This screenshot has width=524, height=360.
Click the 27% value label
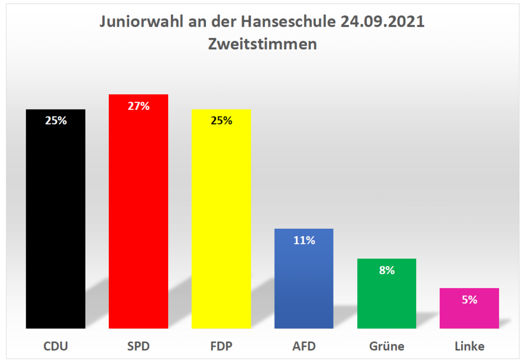click(138, 106)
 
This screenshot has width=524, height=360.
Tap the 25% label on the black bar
click(56, 121)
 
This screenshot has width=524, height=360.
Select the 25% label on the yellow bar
click(221, 121)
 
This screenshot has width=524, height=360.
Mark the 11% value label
click(304, 240)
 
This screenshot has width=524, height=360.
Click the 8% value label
click(387, 270)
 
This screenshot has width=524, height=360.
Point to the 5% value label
click(469, 300)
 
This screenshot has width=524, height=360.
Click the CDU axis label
click(55, 346)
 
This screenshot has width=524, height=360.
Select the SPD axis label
click(138, 346)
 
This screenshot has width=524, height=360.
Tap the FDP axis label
click(221, 346)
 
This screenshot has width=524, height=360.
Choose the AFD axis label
click(304, 346)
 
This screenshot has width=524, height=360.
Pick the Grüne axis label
click(386, 346)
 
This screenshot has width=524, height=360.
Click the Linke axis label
click(469, 346)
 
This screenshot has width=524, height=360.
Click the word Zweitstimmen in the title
click(262, 44)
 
